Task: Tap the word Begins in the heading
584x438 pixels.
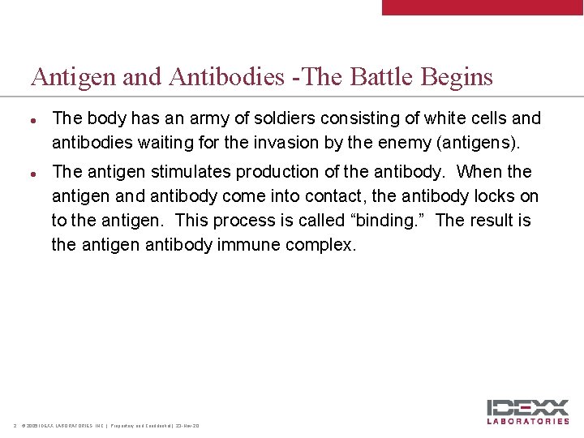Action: pos(457,78)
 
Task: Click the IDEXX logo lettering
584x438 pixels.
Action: pos(527,407)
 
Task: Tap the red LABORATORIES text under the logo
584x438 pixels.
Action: pos(527,421)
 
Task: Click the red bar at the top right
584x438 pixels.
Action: pos(483,7)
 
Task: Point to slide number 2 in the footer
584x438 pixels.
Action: pos(15,426)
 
